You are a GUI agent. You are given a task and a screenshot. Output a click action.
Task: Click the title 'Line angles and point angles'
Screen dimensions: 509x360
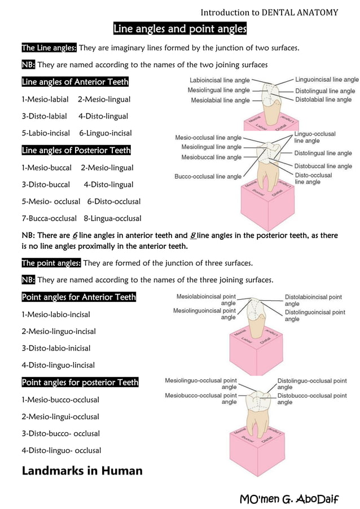pyautogui.click(x=180, y=29)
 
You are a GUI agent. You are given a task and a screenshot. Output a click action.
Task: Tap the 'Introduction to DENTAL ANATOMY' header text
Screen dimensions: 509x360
pyautogui.click(x=269, y=12)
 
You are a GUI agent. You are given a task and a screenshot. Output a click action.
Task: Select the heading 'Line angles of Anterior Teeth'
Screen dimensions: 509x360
pyautogui.click(x=75, y=82)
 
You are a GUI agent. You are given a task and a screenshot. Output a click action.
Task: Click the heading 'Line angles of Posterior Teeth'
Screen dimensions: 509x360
pyautogui.click(x=76, y=151)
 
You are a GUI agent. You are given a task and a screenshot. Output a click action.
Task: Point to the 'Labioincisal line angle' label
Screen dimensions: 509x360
pyautogui.click(x=219, y=80)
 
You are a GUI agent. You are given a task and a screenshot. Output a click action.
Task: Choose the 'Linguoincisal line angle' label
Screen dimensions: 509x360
pyautogui.click(x=327, y=80)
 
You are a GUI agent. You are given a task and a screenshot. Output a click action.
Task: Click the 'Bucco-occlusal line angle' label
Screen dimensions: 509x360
pyautogui.click(x=208, y=177)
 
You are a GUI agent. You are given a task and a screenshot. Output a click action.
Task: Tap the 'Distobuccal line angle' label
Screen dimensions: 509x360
pyautogui.click(x=323, y=166)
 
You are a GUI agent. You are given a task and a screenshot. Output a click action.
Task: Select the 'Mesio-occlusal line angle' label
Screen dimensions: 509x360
pyautogui.click(x=208, y=137)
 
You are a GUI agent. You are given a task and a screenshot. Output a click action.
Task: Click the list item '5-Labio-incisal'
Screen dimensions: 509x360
pyautogui.click(x=46, y=133)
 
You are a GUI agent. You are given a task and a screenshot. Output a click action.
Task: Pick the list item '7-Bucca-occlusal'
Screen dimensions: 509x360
pyautogui.click(x=49, y=218)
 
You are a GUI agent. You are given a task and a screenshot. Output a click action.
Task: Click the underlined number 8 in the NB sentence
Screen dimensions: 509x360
pyautogui.click(x=193, y=235)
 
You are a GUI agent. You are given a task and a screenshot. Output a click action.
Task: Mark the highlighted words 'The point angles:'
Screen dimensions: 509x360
pyautogui.click(x=51, y=263)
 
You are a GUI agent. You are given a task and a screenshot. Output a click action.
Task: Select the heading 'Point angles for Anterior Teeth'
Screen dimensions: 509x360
pyautogui.click(x=78, y=297)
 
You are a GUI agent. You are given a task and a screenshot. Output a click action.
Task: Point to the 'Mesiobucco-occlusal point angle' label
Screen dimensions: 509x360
pyautogui.click(x=201, y=399)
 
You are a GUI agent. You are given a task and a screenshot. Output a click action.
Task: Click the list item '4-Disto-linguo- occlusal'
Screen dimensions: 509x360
pyautogui.click(x=62, y=450)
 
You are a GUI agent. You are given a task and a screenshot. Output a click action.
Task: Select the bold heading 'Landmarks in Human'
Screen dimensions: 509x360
pyautogui.click(x=82, y=471)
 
